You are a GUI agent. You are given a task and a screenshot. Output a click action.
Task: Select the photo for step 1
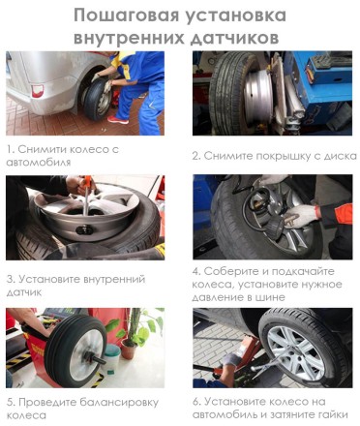[85, 93]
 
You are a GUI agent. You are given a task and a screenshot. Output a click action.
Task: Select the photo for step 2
[272, 93]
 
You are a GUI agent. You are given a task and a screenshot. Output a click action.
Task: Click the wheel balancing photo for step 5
[85, 348]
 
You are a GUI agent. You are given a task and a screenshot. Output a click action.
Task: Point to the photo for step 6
[272, 348]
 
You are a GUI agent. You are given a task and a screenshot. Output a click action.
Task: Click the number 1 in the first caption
[9, 150]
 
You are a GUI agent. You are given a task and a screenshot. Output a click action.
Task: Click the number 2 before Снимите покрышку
[195, 155]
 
